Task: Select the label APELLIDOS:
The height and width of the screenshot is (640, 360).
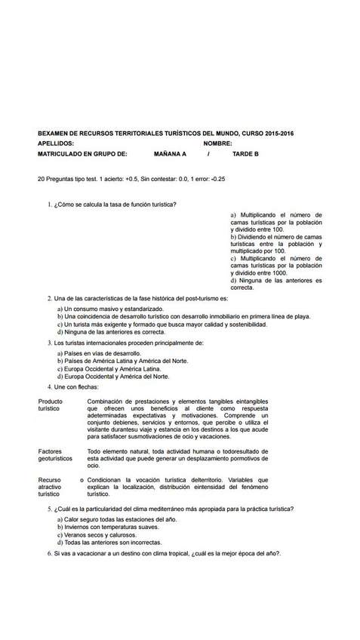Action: [55, 143]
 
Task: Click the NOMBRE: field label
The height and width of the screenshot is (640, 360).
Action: [217, 143]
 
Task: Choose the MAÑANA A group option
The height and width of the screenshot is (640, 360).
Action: [170, 153]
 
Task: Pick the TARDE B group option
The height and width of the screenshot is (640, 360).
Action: [245, 153]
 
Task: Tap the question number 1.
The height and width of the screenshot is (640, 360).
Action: [49, 205]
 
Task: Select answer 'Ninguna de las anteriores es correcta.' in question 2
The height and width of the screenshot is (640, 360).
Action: [114, 332]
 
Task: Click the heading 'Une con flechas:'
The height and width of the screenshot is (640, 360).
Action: [76, 386]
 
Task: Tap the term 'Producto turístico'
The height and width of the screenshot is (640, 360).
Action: [51, 405]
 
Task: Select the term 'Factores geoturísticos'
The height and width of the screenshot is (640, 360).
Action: [55, 454]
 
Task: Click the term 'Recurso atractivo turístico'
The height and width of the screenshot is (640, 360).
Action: [50, 487]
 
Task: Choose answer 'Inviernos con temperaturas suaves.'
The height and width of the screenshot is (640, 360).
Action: [112, 527]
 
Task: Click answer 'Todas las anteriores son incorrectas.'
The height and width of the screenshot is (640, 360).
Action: [112, 542]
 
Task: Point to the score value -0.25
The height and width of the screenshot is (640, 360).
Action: [218, 179]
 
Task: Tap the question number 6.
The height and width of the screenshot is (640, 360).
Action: [49, 553]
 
